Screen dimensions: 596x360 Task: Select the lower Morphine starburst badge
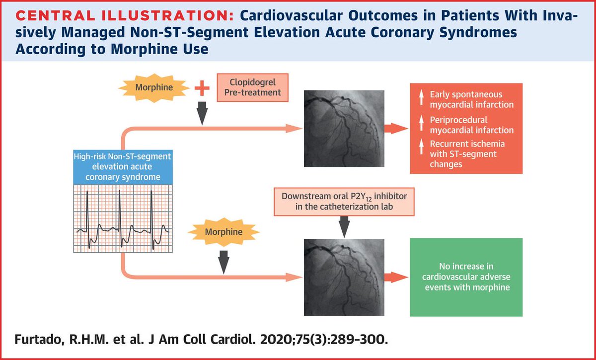(x=224, y=231)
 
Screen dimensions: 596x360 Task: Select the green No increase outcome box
(x=466, y=277)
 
